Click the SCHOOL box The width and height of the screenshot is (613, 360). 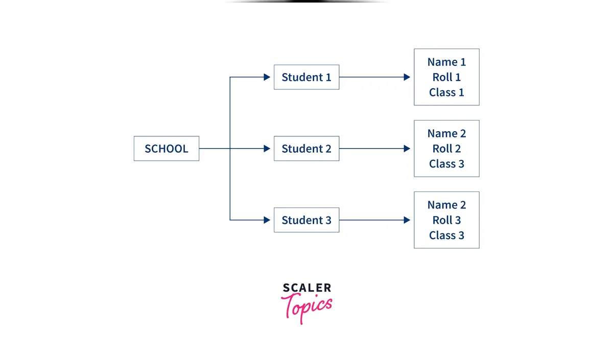click(166, 149)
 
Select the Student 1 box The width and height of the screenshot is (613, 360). click(306, 77)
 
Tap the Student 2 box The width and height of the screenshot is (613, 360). click(306, 149)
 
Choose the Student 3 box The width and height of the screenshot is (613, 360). click(306, 220)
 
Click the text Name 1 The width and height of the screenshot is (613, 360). click(446, 62)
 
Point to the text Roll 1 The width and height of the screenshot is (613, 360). click(446, 77)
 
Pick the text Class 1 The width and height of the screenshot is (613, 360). click(446, 92)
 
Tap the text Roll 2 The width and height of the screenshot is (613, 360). click(446, 149)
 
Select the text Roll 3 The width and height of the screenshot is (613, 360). click(446, 220)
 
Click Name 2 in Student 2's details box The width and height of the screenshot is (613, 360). click(446, 134)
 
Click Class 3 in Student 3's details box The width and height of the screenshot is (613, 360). click(446, 235)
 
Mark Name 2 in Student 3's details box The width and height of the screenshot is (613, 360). click(446, 205)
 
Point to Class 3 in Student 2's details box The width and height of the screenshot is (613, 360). click(446, 164)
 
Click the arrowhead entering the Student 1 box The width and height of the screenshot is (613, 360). click(267, 77)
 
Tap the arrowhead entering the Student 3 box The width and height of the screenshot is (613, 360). click(267, 220)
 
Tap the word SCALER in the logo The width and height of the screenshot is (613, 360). click(306, 288)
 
